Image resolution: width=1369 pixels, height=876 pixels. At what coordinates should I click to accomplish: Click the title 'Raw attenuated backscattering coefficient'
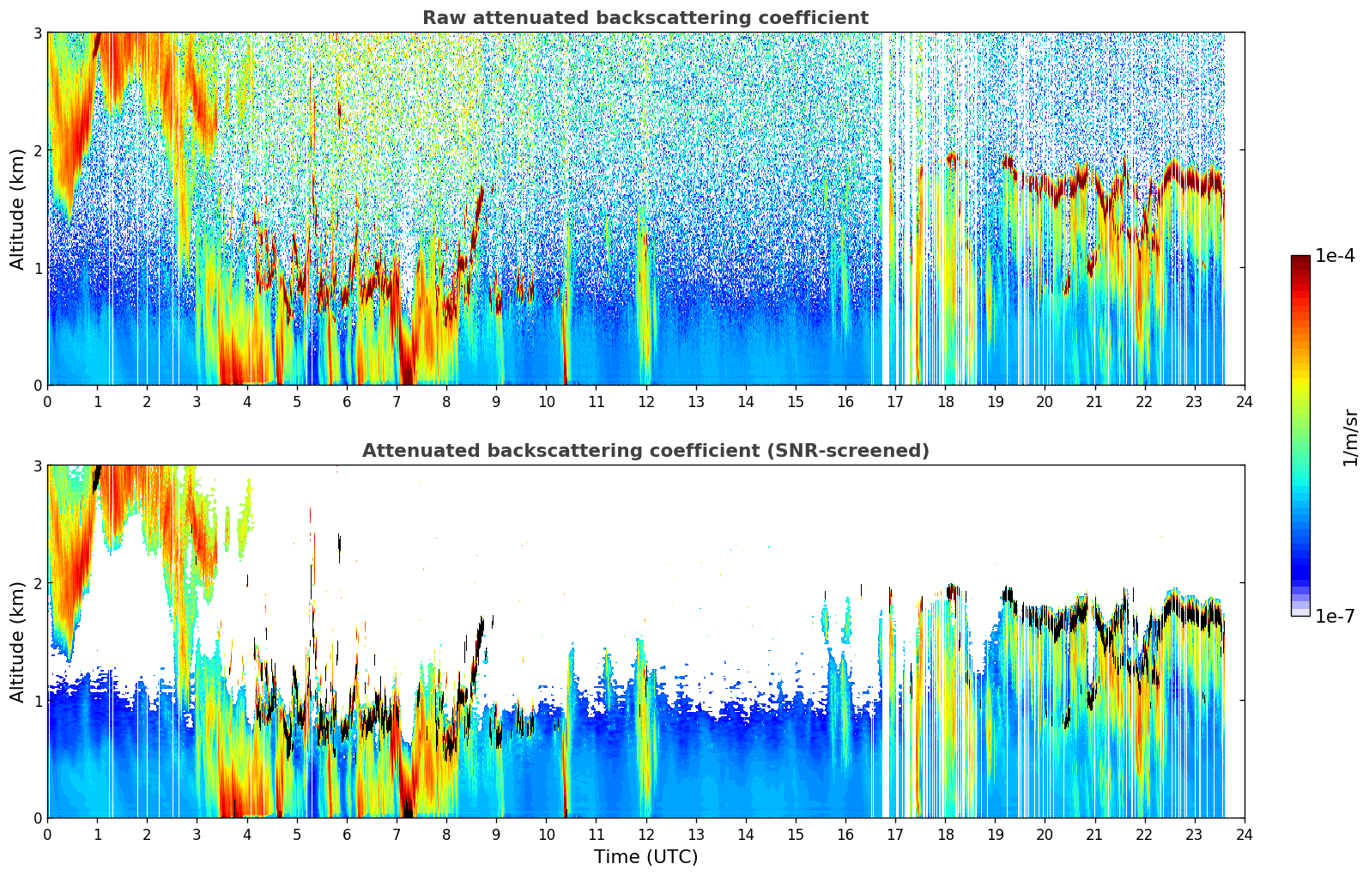[645, 18]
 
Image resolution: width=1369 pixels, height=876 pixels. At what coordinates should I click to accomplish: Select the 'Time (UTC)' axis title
[645, 857]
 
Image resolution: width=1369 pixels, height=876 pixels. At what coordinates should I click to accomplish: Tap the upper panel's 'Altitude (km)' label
[17, 209]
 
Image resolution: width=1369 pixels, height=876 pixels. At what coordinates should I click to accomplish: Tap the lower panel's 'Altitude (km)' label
[17, 642]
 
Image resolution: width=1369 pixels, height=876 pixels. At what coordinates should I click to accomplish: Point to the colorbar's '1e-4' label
[1335, 256]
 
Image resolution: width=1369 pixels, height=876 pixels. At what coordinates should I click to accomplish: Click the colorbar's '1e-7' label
[1335, 616]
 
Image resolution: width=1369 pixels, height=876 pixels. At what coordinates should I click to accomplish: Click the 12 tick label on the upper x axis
[645, 401]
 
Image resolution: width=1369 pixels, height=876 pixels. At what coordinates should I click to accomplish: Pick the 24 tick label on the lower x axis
[1244, 834]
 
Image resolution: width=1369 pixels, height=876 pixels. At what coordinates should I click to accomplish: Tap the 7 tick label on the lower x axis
[397, 834]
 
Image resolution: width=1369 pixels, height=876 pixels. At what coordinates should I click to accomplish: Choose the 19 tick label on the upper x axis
[995, 401]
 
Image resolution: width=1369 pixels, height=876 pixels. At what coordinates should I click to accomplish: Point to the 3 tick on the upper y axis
[38, 33]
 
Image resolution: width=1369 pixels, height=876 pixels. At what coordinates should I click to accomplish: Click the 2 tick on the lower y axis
[38, 583]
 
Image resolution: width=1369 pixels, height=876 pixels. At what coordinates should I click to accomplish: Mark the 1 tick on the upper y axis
[38, 268]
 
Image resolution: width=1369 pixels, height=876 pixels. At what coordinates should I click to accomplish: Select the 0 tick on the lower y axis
[38, 818]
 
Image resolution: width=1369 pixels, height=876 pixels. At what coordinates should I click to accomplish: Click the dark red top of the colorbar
[1299, 260]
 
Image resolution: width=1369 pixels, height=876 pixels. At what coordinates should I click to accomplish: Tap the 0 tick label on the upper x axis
[47, 401]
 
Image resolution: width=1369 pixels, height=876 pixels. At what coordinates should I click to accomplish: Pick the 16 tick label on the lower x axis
[845, 834]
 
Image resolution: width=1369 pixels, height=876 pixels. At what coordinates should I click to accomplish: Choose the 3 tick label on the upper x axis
[197, 401]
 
